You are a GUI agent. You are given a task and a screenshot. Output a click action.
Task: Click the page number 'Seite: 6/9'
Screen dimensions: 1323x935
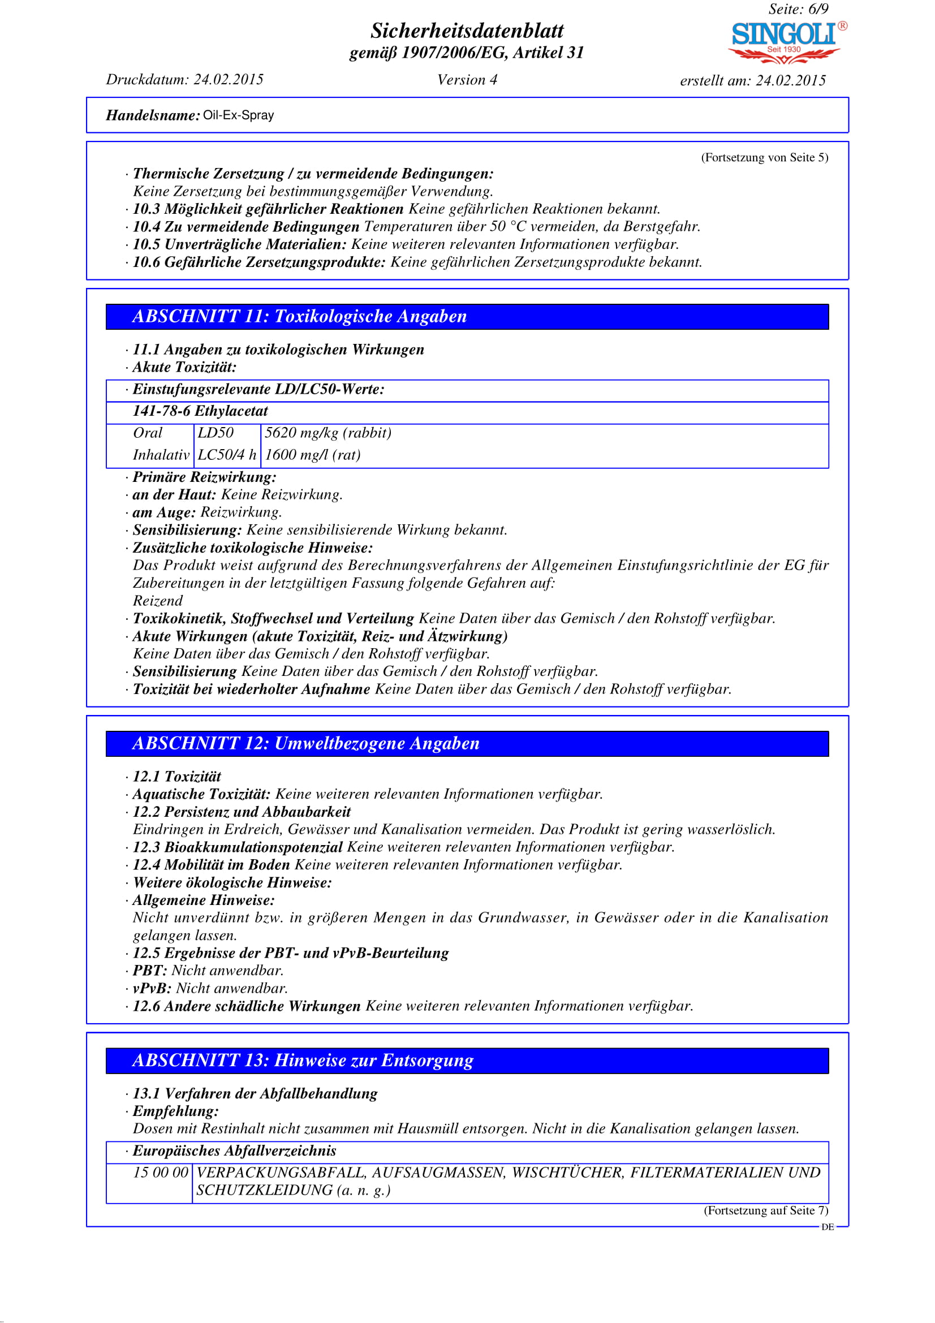(x=798, y=9)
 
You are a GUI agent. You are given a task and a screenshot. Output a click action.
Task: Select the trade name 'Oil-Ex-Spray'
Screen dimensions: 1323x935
(x=239, y=115)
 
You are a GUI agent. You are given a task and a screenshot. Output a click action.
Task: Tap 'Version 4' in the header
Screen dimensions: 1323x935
(x=467, y=80)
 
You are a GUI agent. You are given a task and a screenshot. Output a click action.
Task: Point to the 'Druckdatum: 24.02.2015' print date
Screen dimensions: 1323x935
(x=184, y=80)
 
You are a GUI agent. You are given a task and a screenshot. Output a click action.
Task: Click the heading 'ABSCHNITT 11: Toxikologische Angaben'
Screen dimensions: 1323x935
(x=300, y=316)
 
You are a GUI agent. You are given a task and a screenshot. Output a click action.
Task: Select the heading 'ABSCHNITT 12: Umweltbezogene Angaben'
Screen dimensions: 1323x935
(x=306, y=743)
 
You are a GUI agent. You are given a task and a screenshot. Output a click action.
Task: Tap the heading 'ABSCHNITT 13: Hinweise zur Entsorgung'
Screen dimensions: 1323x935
(x=303, y=1060)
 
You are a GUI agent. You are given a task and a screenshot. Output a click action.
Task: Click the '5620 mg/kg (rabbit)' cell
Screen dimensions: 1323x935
(x=328, y=433)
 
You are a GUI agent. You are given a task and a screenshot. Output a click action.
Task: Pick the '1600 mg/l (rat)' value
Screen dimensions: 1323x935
(x=313, y=455)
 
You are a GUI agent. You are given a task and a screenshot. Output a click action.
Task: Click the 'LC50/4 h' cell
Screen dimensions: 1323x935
(x=227, y=455)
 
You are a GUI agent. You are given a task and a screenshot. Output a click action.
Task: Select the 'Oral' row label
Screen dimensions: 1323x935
(x=148, y=433)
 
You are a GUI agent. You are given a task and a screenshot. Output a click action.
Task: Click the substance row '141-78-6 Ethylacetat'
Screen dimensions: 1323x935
(x=200, y=411)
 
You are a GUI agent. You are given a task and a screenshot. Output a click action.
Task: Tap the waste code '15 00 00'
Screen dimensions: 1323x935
(x=161, y=1173)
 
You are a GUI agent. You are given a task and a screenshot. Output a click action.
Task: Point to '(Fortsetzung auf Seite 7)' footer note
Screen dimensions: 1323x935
(x=766, y=1210)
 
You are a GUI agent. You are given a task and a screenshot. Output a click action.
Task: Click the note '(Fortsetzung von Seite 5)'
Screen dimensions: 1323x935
(x=765, y=157)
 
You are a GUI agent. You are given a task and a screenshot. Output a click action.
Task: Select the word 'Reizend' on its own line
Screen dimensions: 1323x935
(x=158, y=601)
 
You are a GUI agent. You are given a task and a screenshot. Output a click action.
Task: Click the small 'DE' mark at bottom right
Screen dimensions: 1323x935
(x=828, y=1227)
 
